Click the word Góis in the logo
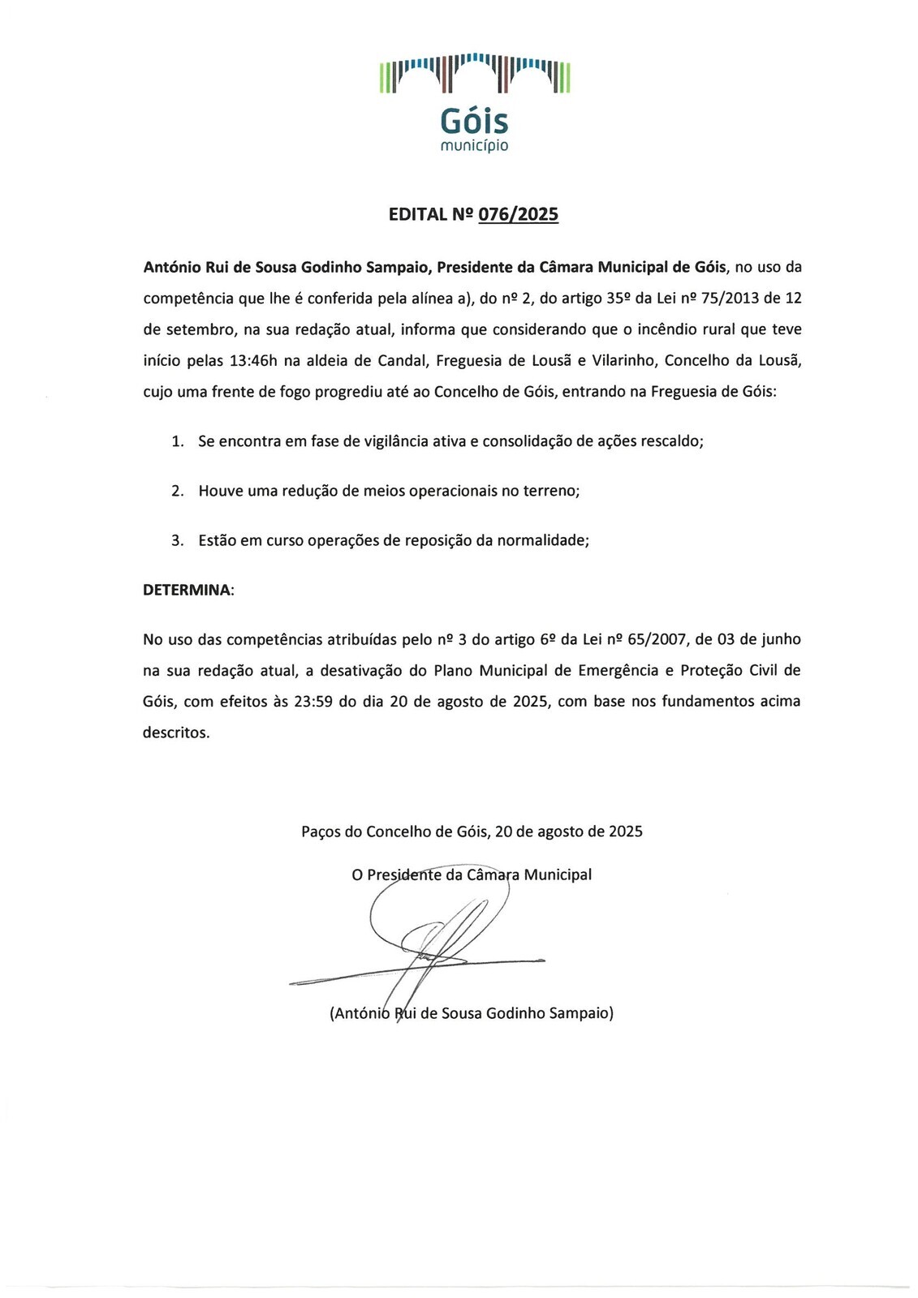[474, 122]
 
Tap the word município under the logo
[474, 146]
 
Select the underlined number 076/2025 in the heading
[518, 214]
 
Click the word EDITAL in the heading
[418, 214]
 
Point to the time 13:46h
[253, 360]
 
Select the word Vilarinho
[623, 360]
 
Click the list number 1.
[177, 441]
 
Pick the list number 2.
[177, 491]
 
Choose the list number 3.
[177, 540]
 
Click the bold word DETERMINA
[187, 590]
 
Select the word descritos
[175, 733]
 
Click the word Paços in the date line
[321, 832]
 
